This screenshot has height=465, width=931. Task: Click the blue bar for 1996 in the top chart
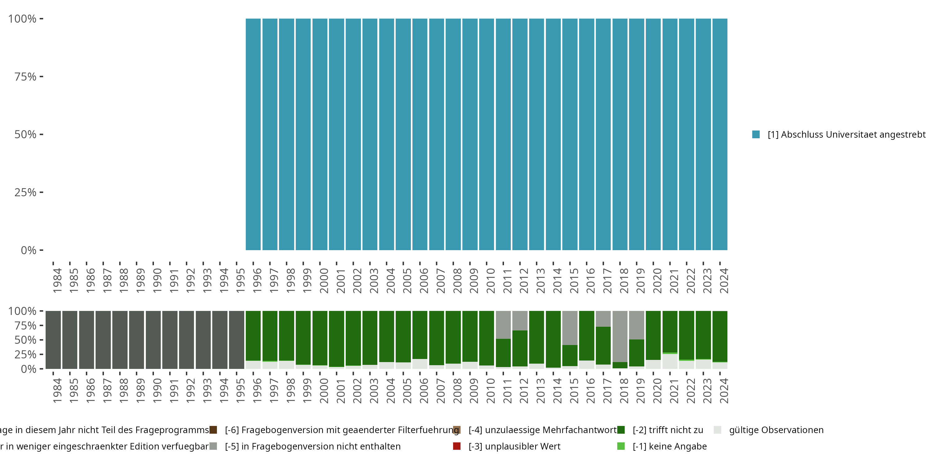coord(253,134)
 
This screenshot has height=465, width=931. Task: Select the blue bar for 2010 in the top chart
coord(487,134)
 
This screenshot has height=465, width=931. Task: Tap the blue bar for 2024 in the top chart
coord(720,134)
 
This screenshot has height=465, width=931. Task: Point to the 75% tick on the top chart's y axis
coord(41,77)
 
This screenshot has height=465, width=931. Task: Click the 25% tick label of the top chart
coord(25,193)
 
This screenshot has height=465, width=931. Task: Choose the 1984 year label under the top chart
coord(57,281)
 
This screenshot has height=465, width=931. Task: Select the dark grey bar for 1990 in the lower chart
coord(153,340)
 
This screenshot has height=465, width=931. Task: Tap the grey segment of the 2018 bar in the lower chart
coord(620,336)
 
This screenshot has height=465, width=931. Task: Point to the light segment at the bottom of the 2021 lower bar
coord(670,361)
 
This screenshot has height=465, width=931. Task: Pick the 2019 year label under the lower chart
coord(641,391)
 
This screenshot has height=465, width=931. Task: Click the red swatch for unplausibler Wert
coord(457,446)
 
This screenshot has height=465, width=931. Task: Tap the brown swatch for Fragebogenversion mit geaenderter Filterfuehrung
coord(213,430)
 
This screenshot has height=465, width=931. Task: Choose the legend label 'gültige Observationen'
coord(776,430)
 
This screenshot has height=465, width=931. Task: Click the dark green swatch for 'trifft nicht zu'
coord(621,430)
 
